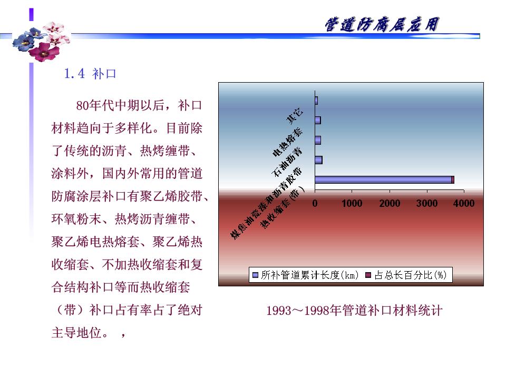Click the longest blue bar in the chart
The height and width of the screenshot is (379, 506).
pos(383,180)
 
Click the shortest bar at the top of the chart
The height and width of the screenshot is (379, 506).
pos(316,101)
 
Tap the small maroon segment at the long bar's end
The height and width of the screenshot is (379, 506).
pos(453,180)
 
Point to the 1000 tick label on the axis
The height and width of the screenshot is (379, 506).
pos(352,203)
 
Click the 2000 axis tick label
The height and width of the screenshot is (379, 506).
pos(390,203)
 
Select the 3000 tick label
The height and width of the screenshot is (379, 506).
pos(426,203)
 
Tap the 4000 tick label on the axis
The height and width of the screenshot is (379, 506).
pos(464,203)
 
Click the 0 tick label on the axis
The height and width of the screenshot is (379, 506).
pos(315,203)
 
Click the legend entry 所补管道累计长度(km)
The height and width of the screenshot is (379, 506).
pos(305,275)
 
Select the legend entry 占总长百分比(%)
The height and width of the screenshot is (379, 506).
pos(406,275)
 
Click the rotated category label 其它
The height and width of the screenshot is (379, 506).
pos(295,115)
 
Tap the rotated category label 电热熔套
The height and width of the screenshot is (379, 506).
pos(287,142)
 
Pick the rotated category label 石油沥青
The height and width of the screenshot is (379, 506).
pos(287,162)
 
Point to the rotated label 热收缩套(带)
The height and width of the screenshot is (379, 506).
pos(283,207)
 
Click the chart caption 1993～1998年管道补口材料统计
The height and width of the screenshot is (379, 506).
pos(354,311)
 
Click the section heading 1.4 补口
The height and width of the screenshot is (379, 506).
pos(90,74)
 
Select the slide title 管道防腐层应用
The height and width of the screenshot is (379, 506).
pos(382,25)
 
